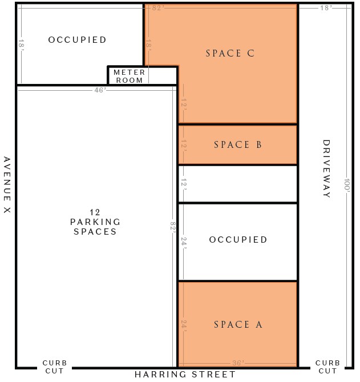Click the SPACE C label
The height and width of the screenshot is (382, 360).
(230, 53)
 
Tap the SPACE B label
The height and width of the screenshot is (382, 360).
(238, 144)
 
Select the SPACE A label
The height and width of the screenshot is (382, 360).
(238, 324)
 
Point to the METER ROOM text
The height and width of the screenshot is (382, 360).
(130, 77)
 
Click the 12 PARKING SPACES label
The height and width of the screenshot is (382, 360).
(95, 222)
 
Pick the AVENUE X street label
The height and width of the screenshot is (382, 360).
(7, 185)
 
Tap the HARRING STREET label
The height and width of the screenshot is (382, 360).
(185, 374)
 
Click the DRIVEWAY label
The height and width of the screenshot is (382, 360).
(326, 168)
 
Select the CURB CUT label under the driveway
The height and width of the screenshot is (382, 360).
(327, 367)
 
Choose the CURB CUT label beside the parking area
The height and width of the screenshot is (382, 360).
(55, 367)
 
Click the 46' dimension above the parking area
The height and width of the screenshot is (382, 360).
(100, 90)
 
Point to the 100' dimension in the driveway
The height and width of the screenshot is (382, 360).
(347, 186)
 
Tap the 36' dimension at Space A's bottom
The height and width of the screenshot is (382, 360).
(238, 363)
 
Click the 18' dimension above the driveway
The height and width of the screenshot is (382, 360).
(326, 8)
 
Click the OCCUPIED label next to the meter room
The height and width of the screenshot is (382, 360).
(77, 40)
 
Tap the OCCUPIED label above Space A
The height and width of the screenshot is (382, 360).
(238, 239)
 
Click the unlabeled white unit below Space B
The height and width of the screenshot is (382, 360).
(238, 184)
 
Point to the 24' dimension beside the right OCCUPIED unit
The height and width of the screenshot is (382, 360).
(184, 243)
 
